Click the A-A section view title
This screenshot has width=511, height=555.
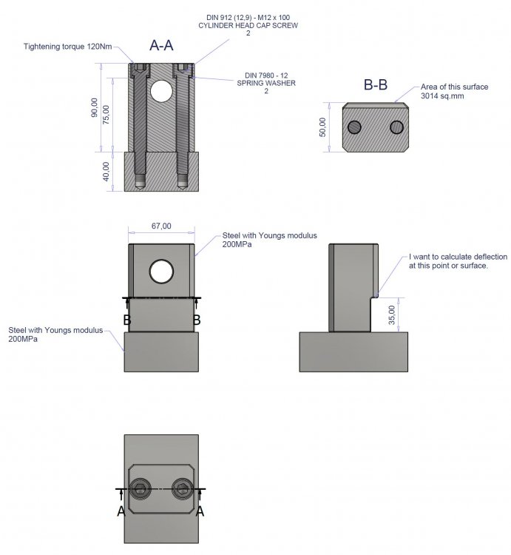161,46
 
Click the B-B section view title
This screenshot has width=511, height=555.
376,85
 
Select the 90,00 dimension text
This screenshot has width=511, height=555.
95,107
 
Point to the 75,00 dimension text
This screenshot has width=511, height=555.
106,115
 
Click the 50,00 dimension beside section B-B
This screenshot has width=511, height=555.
322,128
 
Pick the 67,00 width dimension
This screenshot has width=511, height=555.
160,226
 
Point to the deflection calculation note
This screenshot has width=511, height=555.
458,261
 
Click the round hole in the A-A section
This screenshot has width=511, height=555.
160,92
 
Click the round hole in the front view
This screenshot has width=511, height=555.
160,272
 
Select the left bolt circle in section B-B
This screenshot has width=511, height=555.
355,127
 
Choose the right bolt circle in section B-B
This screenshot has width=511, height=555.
397,127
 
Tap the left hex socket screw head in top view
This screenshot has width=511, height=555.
141,489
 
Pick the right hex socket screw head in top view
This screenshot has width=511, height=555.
181,489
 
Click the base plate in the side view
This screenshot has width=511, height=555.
353,351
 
